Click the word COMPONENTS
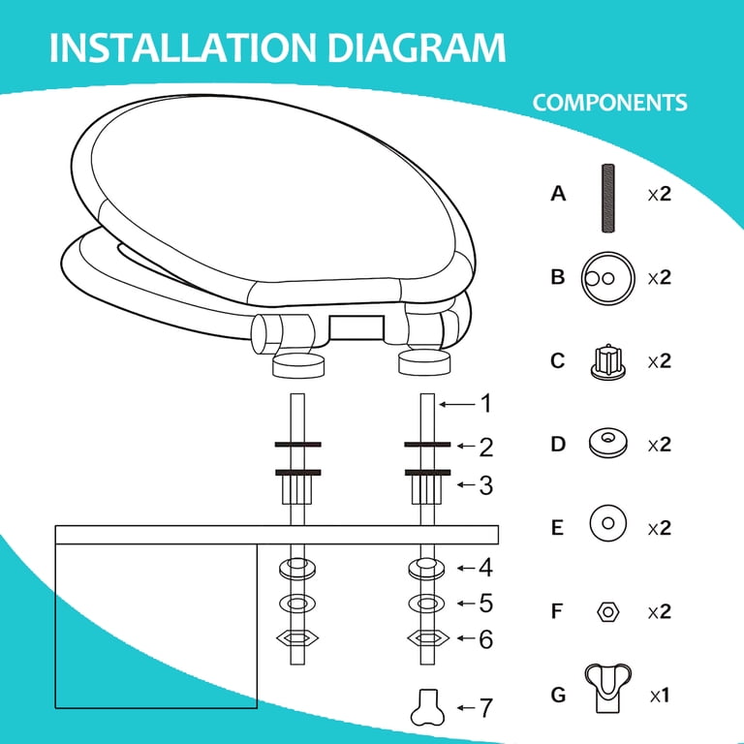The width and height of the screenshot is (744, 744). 609,103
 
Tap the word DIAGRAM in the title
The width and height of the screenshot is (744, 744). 417,47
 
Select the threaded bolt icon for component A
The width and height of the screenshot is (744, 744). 607,198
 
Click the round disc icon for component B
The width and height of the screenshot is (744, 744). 607,278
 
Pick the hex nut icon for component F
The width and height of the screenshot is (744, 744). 607,611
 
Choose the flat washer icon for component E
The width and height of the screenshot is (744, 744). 607,523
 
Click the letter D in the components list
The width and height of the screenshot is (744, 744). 558,444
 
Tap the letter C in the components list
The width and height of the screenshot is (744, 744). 558,360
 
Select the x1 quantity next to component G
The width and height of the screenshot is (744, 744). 660,696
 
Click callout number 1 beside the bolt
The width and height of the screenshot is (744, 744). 486,404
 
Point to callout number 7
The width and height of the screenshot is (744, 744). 486,708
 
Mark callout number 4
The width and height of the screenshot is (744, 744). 486,568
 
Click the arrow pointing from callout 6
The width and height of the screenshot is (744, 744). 466,638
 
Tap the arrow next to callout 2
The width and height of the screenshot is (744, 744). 466,446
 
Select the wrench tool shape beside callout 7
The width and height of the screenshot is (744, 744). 427,707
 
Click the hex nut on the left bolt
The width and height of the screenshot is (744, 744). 297,638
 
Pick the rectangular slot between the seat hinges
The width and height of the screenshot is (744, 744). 356,326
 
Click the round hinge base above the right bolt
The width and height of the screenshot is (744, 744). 423,363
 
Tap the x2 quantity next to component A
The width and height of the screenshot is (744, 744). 660,194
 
